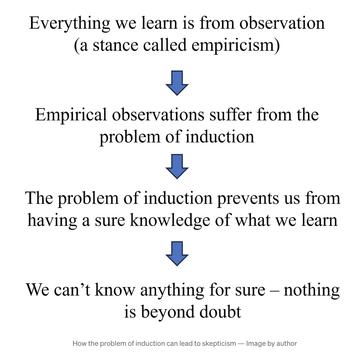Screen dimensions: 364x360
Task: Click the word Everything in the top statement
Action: (x=70, y=24)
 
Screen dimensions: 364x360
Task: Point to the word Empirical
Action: (x=71, y=115)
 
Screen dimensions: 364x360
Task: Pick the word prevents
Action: (x=248, y=199)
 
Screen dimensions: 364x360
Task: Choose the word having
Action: (x=52, y=221)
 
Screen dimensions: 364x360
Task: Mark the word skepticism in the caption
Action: (x=219, y=344)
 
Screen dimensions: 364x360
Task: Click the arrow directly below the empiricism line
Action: (x=177, y=83)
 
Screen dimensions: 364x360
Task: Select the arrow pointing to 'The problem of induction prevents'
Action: (x=177, y=166)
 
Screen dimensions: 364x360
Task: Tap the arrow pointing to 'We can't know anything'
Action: (x=177, y=253)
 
